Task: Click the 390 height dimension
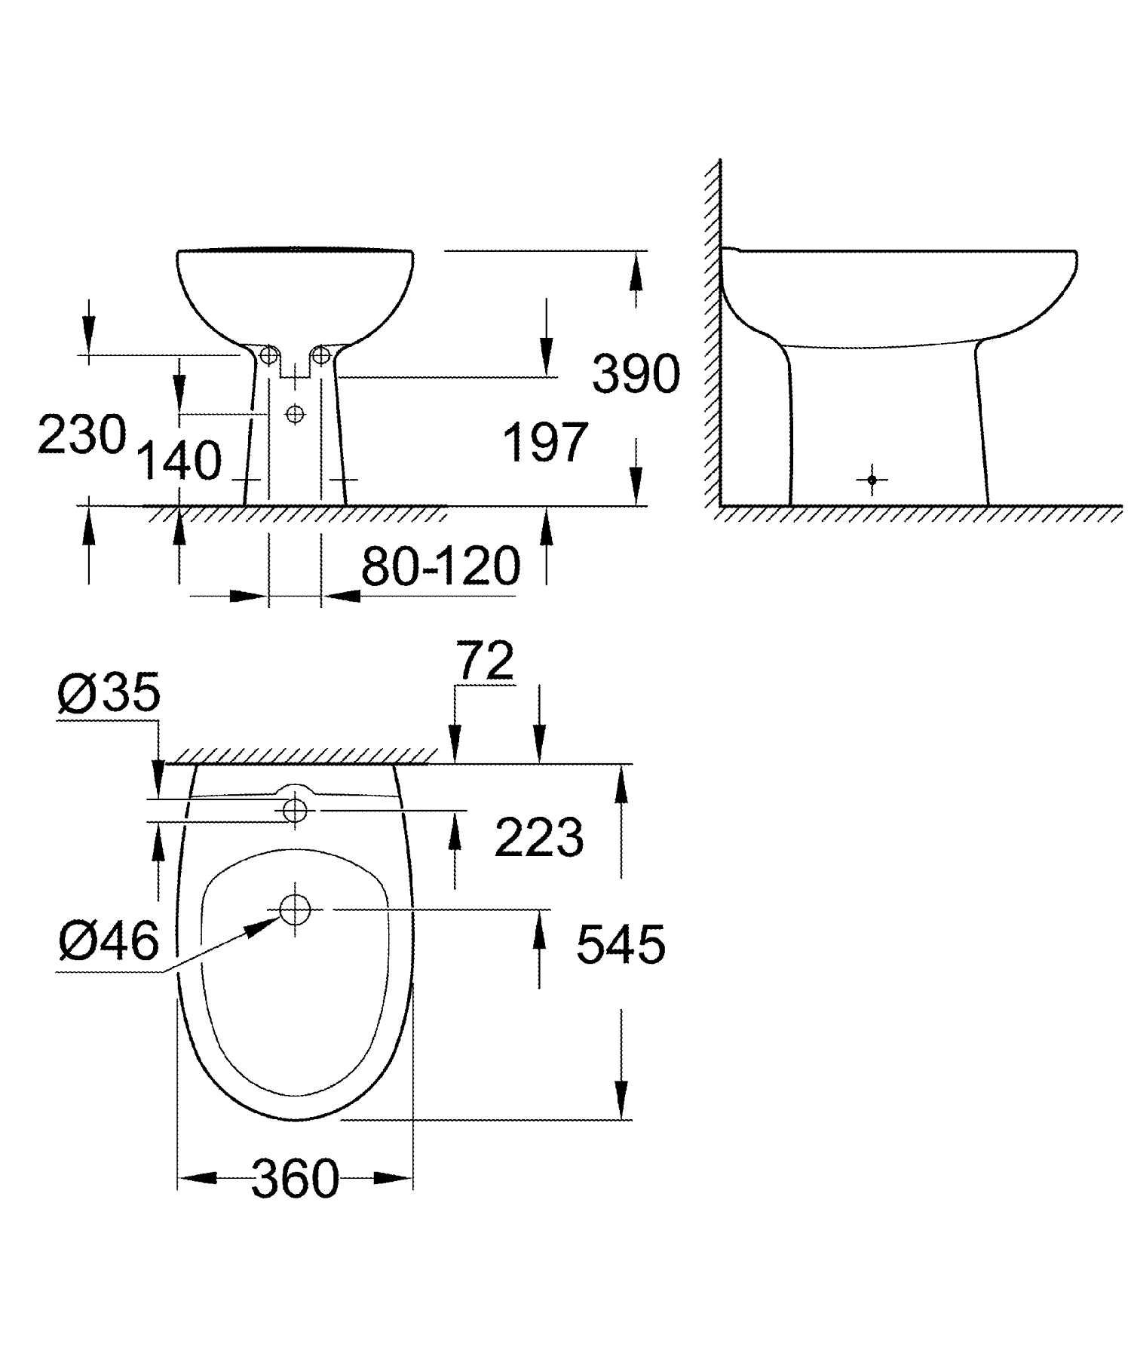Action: click(x=636, y=375)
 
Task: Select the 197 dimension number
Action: click(x=544, y=443)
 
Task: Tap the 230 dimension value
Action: click(x=81, y=436)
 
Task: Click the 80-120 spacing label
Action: click(x=441, y=566)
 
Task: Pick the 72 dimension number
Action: click(x=486, y=662)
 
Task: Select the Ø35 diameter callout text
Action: click(x=109, y=693)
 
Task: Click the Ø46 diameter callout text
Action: click(x=109, y=941)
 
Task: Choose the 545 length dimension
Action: click(x=621, y=945)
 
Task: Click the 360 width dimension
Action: click(x=295, y=1180)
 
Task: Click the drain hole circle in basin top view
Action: click(x=295, y=910)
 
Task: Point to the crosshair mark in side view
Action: click(x=872, y=480)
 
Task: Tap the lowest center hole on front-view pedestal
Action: click(x=295, y=413)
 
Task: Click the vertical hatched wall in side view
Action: click(x=712, y=332)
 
